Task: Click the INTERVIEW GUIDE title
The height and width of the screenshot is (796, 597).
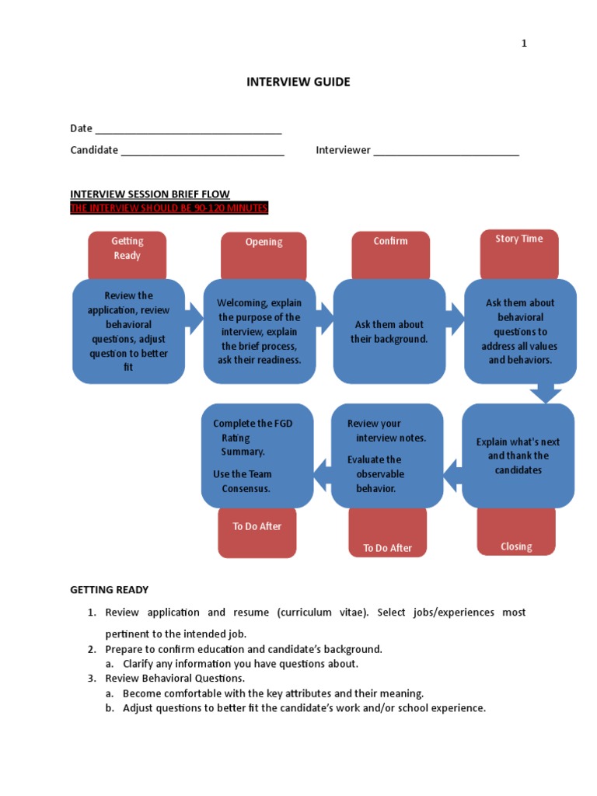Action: coord(298,82)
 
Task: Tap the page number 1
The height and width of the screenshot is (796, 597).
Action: coord(524,44)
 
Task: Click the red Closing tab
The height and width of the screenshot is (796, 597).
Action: coord(516,534)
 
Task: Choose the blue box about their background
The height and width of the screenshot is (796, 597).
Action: coord(389,331)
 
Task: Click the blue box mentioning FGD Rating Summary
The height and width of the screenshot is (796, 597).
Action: coord(257,456)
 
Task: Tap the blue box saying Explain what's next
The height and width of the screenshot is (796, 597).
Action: coord(518,456)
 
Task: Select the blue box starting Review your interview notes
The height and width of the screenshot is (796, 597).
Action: coord(387,456)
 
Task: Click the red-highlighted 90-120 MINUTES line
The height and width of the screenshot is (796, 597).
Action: coord(169,208)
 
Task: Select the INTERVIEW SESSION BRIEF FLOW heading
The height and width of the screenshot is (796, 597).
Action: coord(150,194)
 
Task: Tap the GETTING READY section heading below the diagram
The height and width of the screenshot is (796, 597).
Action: coord(109,590)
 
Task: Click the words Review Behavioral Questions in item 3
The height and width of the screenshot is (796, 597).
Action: coord(175,678)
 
